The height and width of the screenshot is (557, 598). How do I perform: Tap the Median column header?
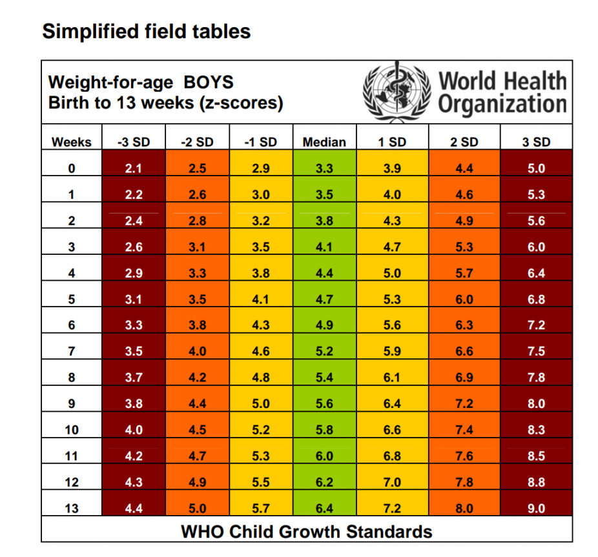coord(324,142)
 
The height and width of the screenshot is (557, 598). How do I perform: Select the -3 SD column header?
coord(134,142)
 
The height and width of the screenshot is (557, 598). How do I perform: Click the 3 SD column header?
coord(536,142)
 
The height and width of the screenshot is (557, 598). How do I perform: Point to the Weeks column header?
coord(72,142)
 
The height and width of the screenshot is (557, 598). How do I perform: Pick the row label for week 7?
coord(72,352)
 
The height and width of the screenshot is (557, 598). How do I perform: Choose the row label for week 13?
coord(72,509)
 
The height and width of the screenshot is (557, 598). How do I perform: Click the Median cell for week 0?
coord(324,168)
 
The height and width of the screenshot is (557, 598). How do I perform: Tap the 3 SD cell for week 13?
coord(536,509)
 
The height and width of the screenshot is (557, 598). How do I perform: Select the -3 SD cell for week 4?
coord(134,273)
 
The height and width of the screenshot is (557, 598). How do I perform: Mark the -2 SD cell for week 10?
coord(197,430)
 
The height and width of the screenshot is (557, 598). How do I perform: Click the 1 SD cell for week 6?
coord(392,325)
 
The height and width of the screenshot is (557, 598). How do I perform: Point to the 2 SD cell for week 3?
coord(464,247)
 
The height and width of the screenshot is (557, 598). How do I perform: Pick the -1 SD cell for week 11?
coord(260,456)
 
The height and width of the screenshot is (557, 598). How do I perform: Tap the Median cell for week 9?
coord(324,404)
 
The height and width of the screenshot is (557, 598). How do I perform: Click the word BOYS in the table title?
coord(209,83)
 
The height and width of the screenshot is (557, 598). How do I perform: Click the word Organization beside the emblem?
coord(502,103)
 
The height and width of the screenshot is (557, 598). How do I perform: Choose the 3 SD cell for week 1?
coord(536,195)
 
